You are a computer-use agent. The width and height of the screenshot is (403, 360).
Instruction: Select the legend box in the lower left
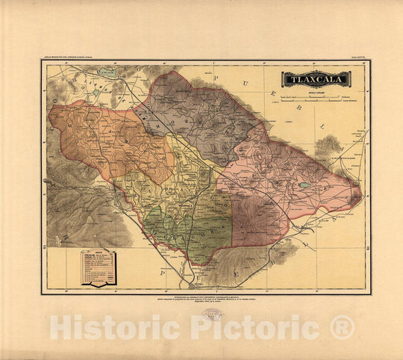98,267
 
